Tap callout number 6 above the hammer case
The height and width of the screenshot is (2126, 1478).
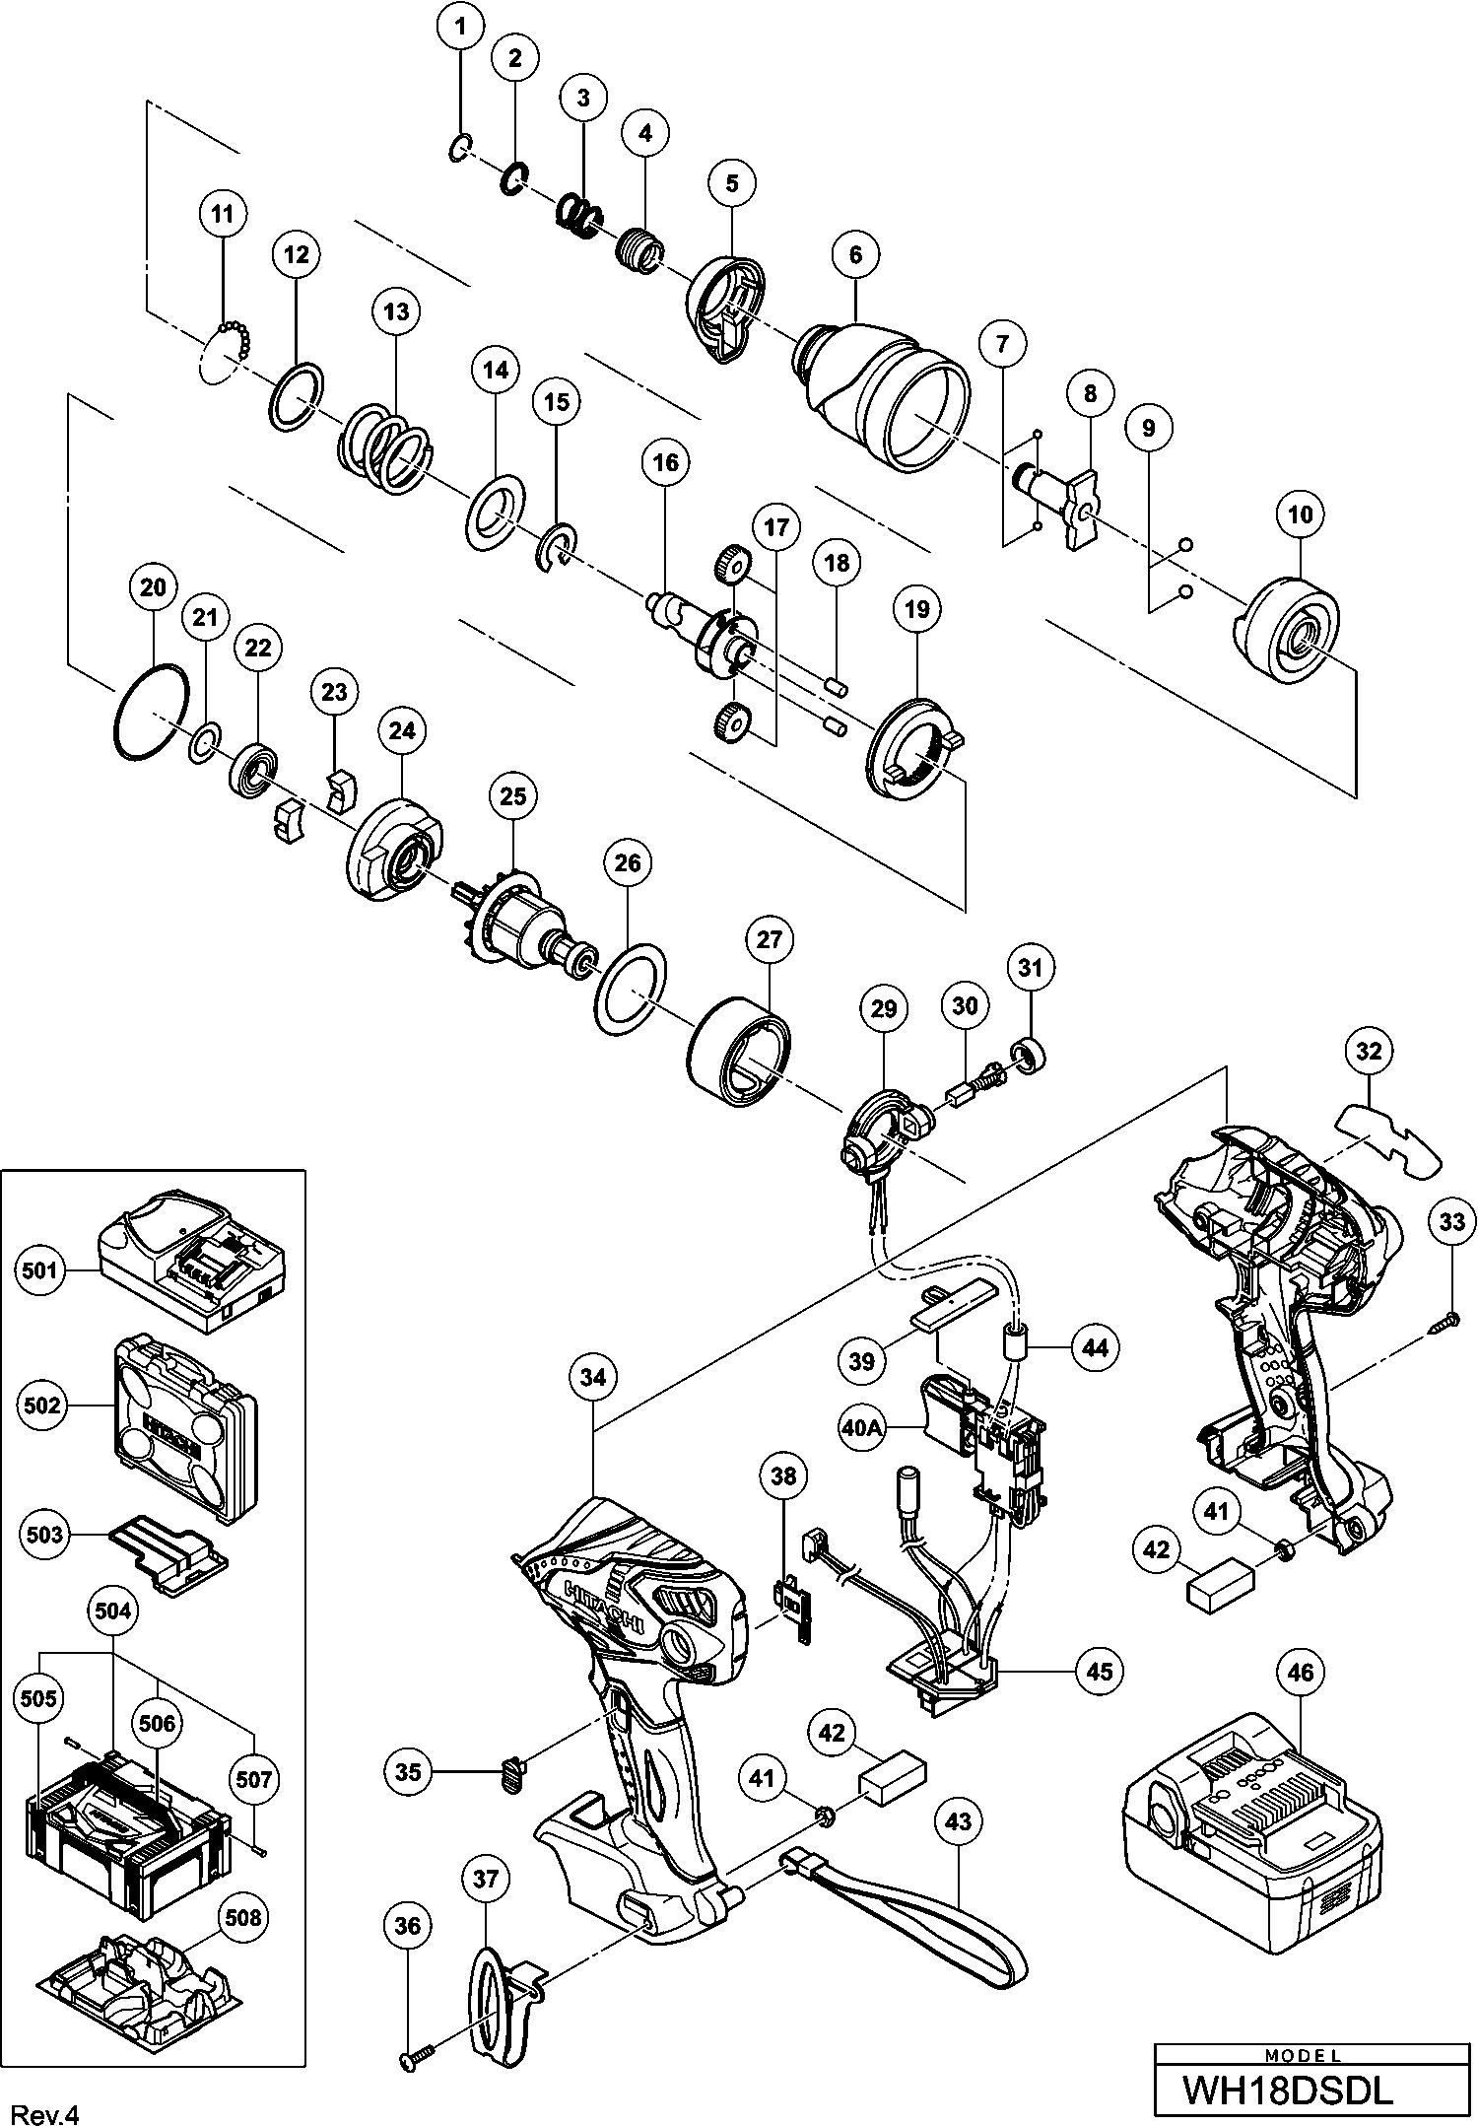tap(854, 255)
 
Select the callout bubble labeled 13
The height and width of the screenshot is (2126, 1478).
tap(396, 311)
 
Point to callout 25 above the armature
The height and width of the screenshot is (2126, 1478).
tap(513, 796)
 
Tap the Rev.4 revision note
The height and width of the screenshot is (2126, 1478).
tap(43, 2108)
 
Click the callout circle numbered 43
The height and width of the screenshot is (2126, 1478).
tap(959, 1822)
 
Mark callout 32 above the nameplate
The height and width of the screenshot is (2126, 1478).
tap(1370, 1051)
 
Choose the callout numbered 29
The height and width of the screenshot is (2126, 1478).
tap(884, 1007)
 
